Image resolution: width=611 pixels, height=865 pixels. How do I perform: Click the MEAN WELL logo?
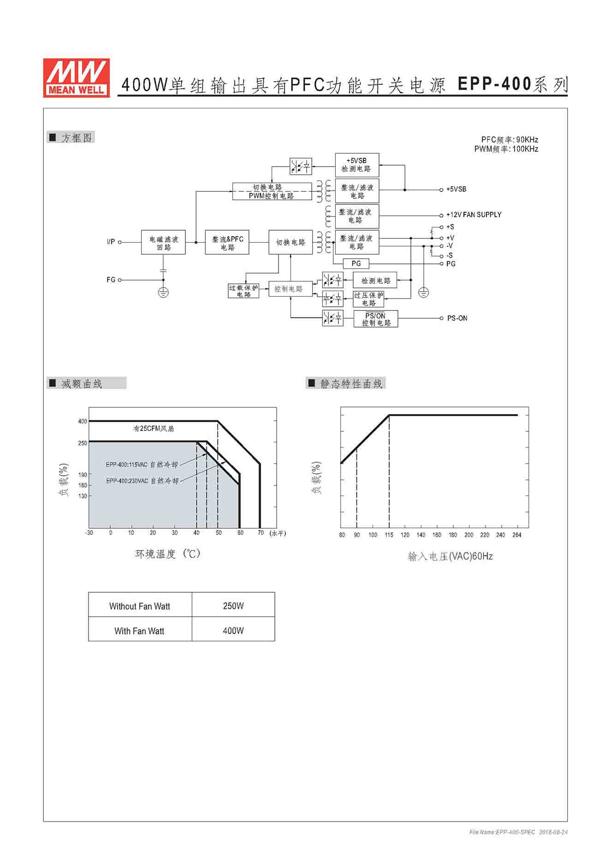[x=77, y=78]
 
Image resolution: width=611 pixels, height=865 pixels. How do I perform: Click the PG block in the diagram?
[x=356, y=263]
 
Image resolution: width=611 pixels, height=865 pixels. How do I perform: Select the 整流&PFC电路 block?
[x=227, y=243]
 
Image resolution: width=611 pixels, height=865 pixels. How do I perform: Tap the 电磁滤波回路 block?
[x=163, y=243]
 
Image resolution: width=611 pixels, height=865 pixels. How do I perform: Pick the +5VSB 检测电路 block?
[x=357, y=165]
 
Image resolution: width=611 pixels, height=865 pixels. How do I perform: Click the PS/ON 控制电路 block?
[x=376, y=319]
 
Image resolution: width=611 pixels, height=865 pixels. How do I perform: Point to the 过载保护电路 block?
[x=243, y=291]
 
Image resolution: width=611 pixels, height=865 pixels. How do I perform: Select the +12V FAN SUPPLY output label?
[x=474, y=215]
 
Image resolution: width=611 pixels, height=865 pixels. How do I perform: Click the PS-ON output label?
[x=457, y=318]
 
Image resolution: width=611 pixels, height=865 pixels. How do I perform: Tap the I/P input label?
[x=111, y=242]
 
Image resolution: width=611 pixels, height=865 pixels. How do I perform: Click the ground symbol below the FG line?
[x=163, y=292]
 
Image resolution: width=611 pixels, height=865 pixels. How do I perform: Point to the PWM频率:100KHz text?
[x=506, y=149]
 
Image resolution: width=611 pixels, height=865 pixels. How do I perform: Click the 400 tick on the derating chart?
[x=83, y=421]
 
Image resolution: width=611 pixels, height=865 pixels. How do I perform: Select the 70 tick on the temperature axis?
[x=261, y=533]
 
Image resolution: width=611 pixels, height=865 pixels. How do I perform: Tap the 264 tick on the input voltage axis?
[x=516, y=535]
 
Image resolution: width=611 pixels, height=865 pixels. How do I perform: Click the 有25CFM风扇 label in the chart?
[x=154, y=429]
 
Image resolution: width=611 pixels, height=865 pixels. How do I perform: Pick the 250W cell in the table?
[x=233, y=606]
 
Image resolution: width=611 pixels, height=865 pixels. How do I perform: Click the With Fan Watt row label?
[x=139, y=631]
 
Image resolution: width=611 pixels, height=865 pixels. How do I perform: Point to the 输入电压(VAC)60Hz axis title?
[x=450, y=556]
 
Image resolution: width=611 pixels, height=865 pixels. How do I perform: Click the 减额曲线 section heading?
[x=82, y=383]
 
